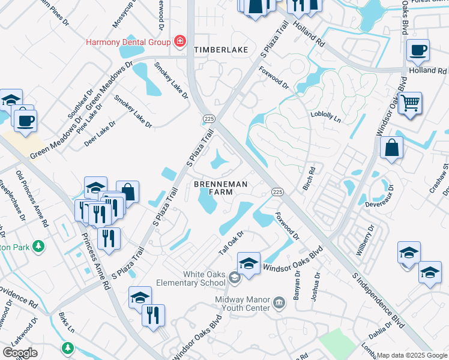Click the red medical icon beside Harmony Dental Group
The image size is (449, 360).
pos(179,41)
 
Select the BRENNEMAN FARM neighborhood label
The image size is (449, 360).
pos(220,188)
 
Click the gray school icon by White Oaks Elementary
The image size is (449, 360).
pos(234,277)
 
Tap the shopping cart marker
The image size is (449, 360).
pos(410,103)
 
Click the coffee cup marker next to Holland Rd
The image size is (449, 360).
pos(418,51)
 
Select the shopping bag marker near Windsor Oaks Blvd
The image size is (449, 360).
pos(391,148)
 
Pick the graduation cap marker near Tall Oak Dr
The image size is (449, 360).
pos(249,263)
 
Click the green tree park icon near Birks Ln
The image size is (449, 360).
pos(67,348)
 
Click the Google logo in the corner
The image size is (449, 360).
pos(20,353)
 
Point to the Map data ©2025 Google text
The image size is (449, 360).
pos(412,355)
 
